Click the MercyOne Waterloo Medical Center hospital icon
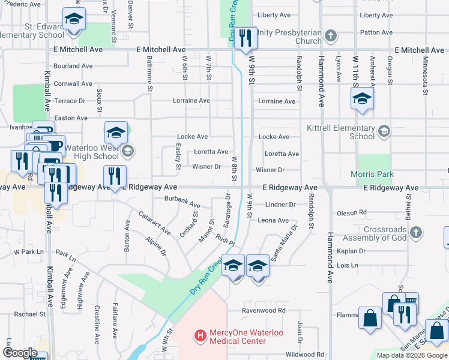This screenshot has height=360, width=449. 200,334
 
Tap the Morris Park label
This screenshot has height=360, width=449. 372,174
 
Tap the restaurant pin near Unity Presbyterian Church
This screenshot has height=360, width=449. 245,38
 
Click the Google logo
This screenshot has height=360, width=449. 20,353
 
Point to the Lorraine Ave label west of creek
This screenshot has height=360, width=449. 191,101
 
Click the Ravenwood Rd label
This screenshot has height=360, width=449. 264,311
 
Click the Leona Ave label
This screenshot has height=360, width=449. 274,220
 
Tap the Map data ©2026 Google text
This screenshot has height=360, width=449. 412,355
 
